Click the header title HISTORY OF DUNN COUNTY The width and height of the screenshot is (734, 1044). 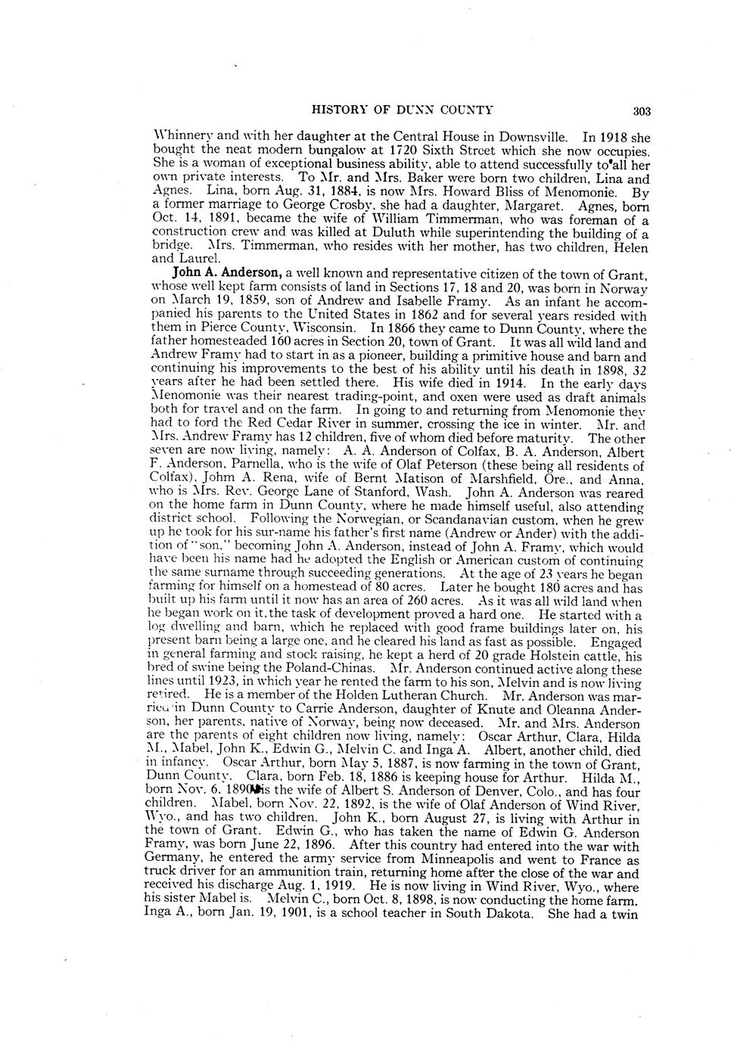pos(403,110)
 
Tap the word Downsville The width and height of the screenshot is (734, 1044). pos(531,138)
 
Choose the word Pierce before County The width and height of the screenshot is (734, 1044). pos(219,329)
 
